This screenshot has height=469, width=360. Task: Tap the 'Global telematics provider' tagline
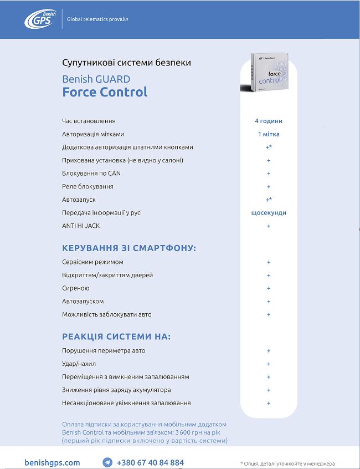point(98,19)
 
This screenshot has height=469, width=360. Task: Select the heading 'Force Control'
point(105,92)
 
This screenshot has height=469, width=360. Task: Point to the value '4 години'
point(269,121)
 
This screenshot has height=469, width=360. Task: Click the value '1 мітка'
point(269,134)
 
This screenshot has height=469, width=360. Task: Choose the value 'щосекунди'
point(269,213)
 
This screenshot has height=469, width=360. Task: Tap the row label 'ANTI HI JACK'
point(81,226)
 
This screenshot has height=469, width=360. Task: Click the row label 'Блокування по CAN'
point(91,174)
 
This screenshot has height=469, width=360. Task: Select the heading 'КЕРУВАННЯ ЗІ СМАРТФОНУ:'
point(129,248)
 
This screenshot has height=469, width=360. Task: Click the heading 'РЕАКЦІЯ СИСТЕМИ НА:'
point(116,337)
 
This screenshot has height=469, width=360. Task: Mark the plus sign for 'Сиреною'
point(269,288)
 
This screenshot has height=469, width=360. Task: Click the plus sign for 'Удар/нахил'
point(269,364)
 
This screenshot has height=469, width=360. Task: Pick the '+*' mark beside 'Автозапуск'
point(269,200)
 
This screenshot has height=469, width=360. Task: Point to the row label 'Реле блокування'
point(88,187)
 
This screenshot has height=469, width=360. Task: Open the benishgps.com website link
point(53,462)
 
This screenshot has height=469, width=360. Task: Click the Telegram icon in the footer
point(107,462)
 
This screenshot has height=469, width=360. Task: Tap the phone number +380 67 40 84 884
point(150,462)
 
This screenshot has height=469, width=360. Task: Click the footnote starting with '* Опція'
point(287,463)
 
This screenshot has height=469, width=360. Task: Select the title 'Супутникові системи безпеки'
point(127,63)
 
